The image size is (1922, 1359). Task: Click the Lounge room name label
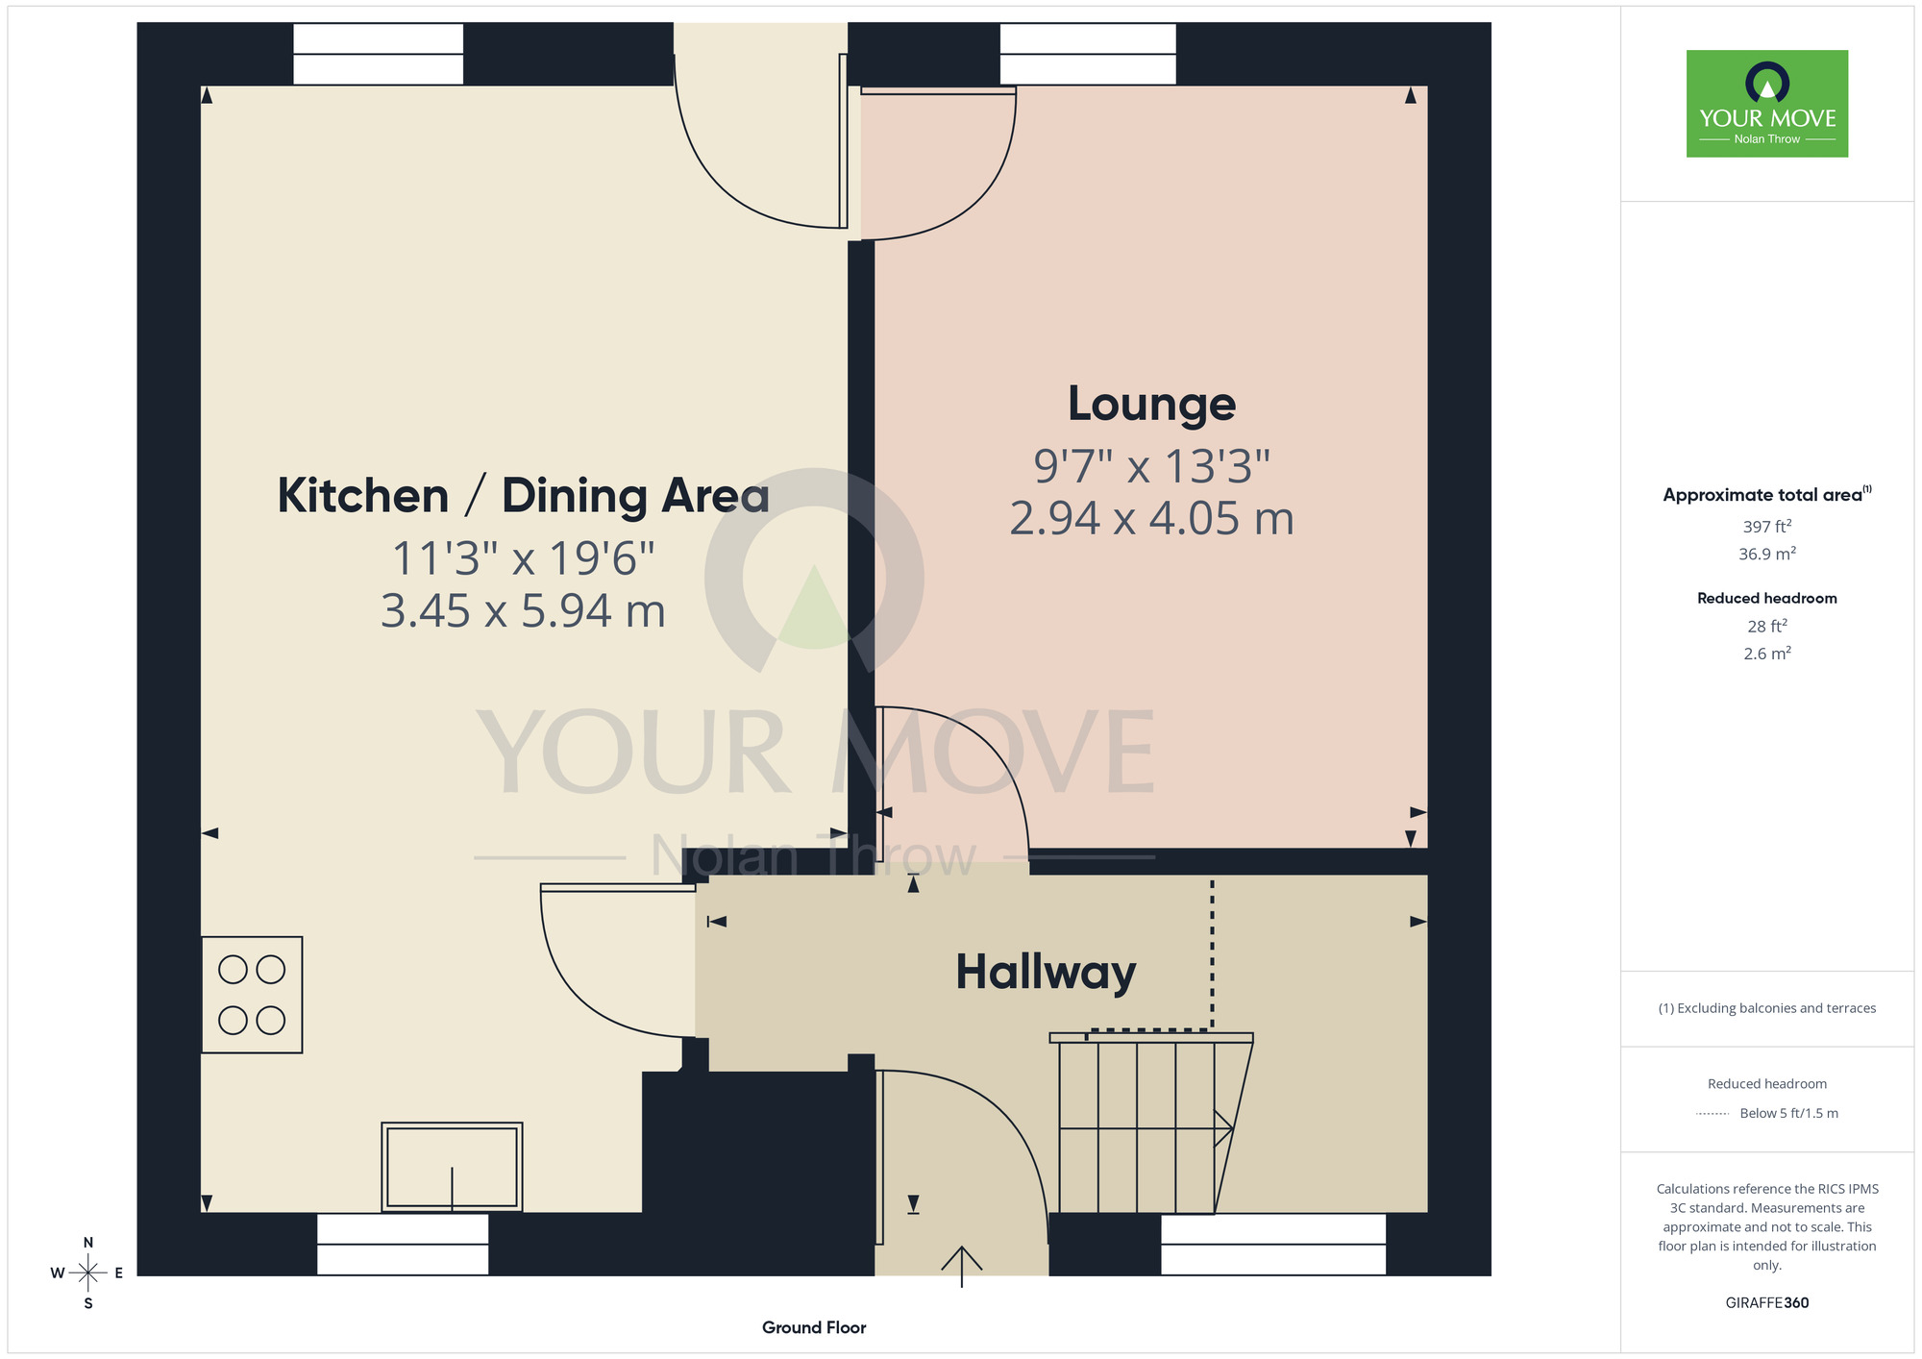pos(1151,404)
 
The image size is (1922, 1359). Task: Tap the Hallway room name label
pos(1046,972)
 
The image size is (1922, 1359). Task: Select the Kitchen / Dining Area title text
pos(524,496)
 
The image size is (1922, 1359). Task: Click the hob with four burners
pos(252,995)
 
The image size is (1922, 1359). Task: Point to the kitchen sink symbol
pos(452,1167)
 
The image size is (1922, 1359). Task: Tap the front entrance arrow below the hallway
pos(962,1266)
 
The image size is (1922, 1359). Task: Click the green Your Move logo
pos(1767,104)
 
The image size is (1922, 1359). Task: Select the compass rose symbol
pos(87,1273)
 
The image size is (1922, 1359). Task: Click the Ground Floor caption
pos(814,1327)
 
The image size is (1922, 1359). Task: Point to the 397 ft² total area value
pos(1767,527)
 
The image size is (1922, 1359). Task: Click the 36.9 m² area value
pos(1767,554)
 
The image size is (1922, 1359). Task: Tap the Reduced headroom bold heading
pos(1767,598)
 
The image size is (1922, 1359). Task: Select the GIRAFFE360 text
pos(1767,1303)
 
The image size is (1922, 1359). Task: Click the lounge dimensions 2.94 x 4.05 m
pos(1151,519)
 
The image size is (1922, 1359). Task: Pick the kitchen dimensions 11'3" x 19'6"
pos(524,558)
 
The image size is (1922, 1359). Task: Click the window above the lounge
pos(1088,54)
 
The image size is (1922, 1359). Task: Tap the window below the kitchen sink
pos(403,1245)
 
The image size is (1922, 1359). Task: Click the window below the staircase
pos(1273,1245)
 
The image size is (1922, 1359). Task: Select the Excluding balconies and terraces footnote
pos(1767,1008)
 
